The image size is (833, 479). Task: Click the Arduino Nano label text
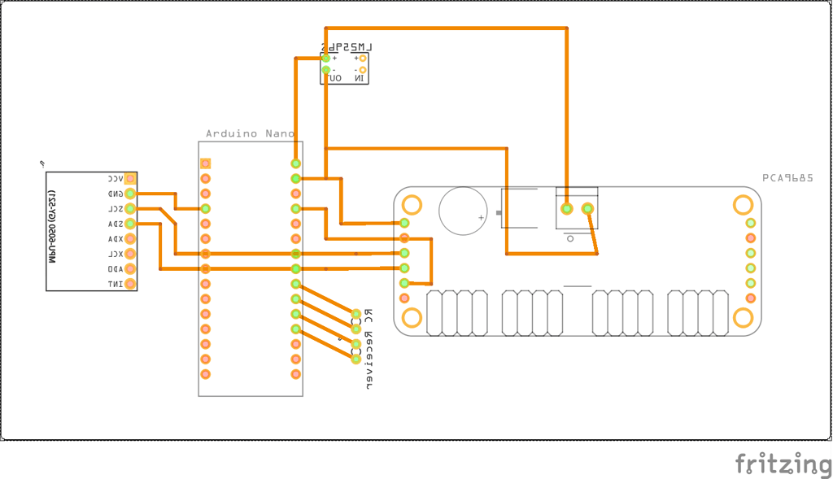pyautogui.click(x=250, y=133)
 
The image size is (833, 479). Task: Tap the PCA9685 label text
pyautogui.click(x=787, y=177)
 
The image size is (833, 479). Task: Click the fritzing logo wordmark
pyautogui.click(x=783, y=464)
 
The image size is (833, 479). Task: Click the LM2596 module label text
pyautogui.click(x=346, y=48)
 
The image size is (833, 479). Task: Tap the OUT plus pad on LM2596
pyautogui.click(x=326, y=58)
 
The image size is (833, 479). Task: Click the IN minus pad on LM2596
pyautogui.click(x=363, y=70)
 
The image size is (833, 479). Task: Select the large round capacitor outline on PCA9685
pyautogui.click(x=463, y=210)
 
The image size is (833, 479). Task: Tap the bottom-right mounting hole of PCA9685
pyautogui.click(x=743, y=317)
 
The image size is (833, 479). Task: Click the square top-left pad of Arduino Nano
pyautogui.click(x=206, y=163)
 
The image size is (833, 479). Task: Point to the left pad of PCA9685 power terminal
pyautogui.click(x=567, y=209)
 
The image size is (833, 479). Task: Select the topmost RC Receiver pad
pyautogui.click(x=356, y=313)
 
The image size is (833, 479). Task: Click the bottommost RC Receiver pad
pyautogui.click(x=356, y=359)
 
